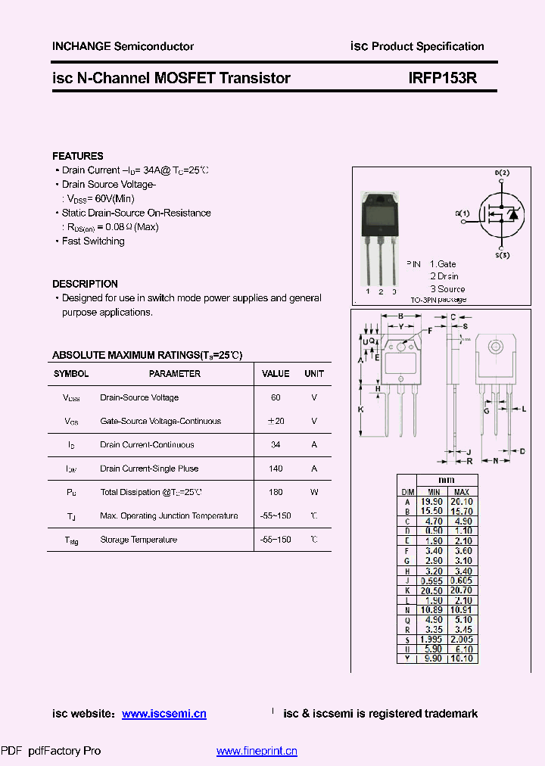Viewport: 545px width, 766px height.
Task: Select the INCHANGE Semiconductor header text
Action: click(123, 46)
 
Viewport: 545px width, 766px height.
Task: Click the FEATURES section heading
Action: click(78, 156)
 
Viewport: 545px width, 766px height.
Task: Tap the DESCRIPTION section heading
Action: click(85, 284)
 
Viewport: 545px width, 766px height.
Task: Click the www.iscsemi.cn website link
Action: click(163, 714)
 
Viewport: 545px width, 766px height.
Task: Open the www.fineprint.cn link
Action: click(257, 751)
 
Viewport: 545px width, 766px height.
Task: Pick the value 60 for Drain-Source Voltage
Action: click(276, 397)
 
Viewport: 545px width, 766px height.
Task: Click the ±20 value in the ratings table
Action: click(276, 421)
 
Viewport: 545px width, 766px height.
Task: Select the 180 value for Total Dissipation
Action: click(276, 492)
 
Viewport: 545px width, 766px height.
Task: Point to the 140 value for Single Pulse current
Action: click(276, 469)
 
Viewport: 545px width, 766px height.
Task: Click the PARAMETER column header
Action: click(175, 374)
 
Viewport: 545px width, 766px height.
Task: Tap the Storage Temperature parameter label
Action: click(139, 540)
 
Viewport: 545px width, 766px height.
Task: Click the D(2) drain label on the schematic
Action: click(502, 173)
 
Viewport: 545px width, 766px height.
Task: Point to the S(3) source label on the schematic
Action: click(502, 256)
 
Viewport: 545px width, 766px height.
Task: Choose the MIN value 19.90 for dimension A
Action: click(432, 501)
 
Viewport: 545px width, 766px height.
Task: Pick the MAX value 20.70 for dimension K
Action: click(462, 590)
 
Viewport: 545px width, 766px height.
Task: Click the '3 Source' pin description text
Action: click(447, 288)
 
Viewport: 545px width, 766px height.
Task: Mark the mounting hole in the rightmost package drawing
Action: click(496, 347)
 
